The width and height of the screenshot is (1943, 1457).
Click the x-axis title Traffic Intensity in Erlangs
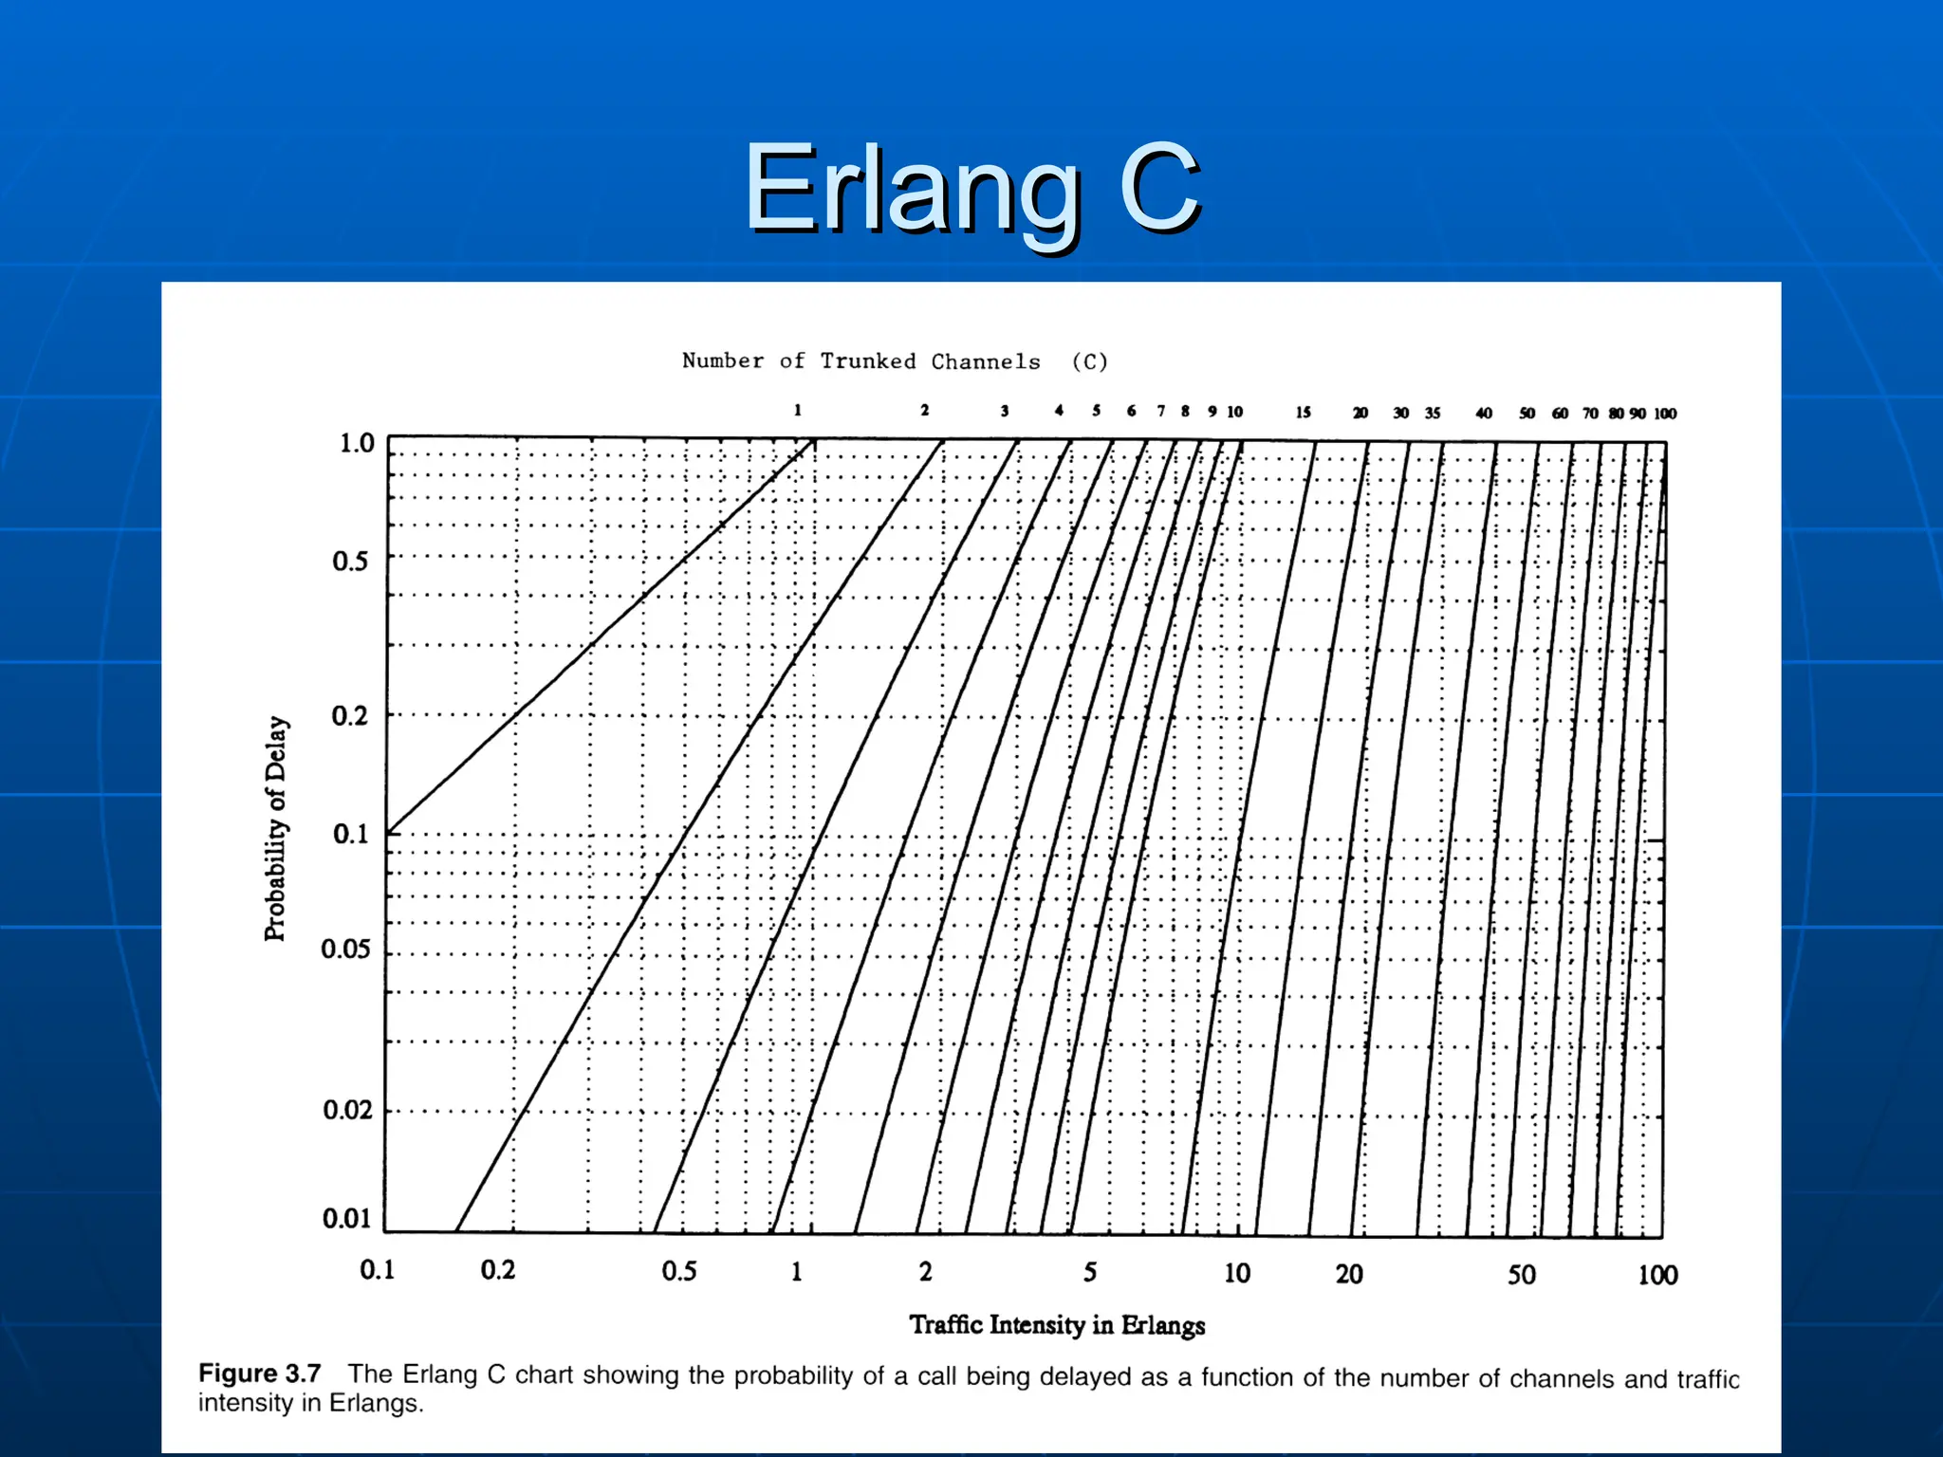click(1057, 1324)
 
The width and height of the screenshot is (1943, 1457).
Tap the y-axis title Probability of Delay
click(275, 828)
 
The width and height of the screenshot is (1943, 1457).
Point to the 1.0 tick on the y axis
click(357, 443)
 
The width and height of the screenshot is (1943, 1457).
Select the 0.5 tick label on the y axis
click(350, 561)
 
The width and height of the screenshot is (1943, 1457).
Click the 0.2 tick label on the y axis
click(349, 715)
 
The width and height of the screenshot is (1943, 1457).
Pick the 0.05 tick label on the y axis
click(345, 949)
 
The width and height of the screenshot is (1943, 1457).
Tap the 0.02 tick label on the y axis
click(347, 1109)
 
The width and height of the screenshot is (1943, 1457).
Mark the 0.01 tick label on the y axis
click(346, 1218)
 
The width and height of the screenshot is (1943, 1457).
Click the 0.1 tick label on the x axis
click(378, 1269)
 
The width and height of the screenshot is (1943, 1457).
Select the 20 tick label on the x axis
click(1349, 1274)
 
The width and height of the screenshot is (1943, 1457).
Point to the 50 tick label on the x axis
click(1522, 1275)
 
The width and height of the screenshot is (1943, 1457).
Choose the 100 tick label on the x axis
click(1657, 1275)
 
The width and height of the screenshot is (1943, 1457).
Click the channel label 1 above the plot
click(798, 410)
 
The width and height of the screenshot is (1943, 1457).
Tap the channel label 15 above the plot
click(1304, 412)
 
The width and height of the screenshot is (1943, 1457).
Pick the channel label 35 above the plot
click(1433, 413)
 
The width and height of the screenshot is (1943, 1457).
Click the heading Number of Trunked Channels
click(861, 361)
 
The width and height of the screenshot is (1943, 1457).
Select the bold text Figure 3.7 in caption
click(259, 1373)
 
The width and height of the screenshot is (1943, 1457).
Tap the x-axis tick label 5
click(1090, 1272)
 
